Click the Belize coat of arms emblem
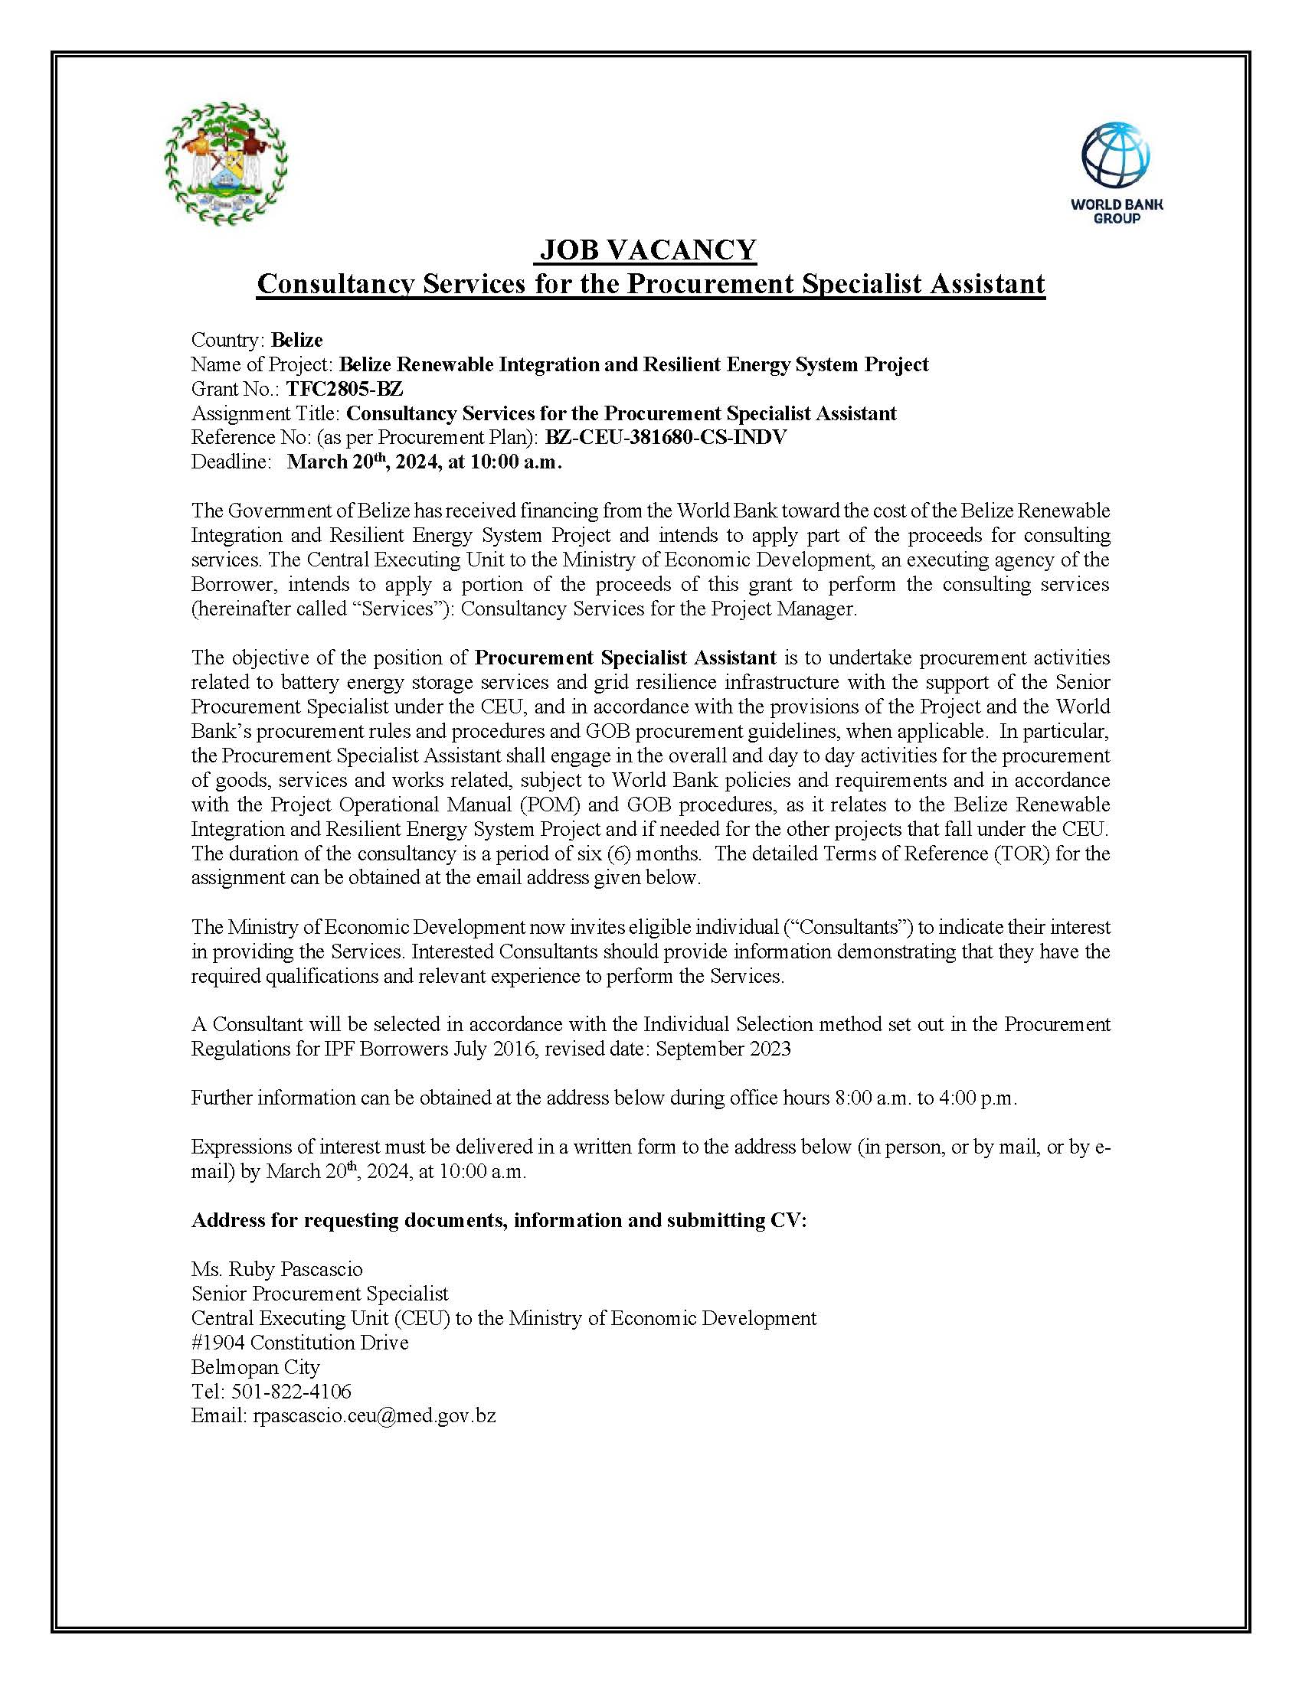pyautogui.click(x=226, y=164)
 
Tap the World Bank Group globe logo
pyautogui.click(x=1115, y=156)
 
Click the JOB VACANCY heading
pyautogui.click(x=648, y=250)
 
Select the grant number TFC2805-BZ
pyautogui.click(x=345, y=389)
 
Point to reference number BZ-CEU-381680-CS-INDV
pyautogui.click(x=666, y=437)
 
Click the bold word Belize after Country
pyautogui.click(x=297, y=340)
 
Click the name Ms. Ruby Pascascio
pyautogui.click(x=277, y=1269)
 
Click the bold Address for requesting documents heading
pyautogui.click(x=499, y=1220)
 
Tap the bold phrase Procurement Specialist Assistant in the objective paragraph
pyautogui.click(x=625, y=658)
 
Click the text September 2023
pyautogui.click(x=723, y=1049)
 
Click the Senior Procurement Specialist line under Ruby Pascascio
pyautogui.click(x=319, y=1293)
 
